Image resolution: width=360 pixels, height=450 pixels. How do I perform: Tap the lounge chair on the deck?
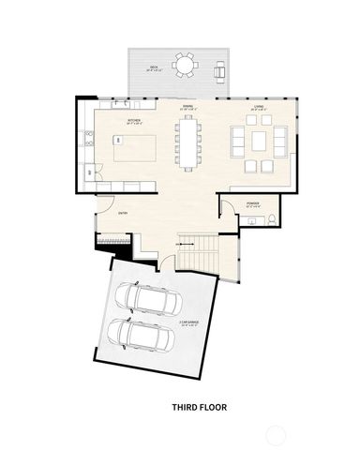(x=220, y=70)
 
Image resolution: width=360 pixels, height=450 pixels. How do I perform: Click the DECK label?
(x=153, y=67)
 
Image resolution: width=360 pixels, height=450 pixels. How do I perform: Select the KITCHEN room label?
(x=133, y=122)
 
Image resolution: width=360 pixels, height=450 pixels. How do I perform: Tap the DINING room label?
(x=187, y=106)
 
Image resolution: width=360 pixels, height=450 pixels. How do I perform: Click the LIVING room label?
(x=257, y=106)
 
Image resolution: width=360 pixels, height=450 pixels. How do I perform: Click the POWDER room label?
(x=252, y=202)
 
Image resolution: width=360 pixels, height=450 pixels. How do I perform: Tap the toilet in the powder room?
(x=269, y=219)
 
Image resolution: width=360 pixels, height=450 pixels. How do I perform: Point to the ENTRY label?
(x=123, y=213)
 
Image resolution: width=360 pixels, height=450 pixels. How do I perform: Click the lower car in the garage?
(x=133, y=334)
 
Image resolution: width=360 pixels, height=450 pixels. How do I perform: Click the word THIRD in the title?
(x=185, y=408)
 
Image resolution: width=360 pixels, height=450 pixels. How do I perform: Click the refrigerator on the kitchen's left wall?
(x=89, y=172)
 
